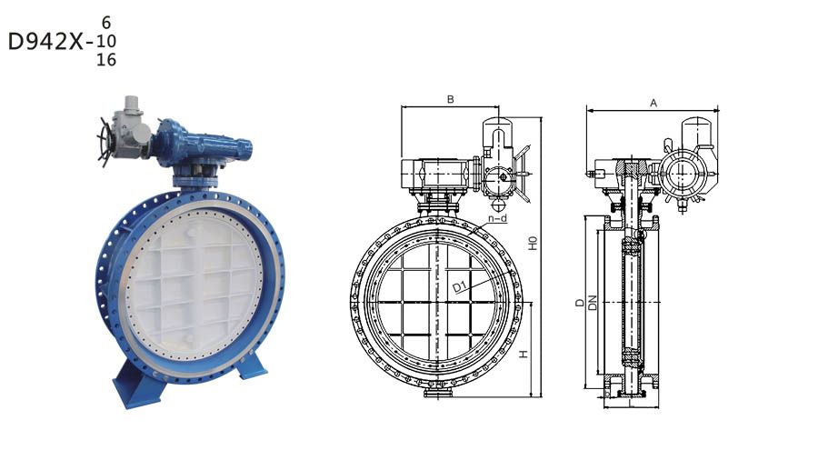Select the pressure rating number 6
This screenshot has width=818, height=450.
tap(106, 23)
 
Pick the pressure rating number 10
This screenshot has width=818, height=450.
tap(106, 41)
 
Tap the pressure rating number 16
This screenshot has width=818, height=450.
tap(106, 59)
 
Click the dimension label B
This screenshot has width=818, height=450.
tap(451, 99)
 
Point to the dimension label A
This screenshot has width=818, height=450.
tap(653, 104)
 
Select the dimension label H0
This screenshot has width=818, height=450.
tap(533, 244)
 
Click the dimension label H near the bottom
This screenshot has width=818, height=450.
tap(524, 355)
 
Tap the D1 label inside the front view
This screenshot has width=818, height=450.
tap(461, 286)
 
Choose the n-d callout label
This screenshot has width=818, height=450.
tap(498, 218)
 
